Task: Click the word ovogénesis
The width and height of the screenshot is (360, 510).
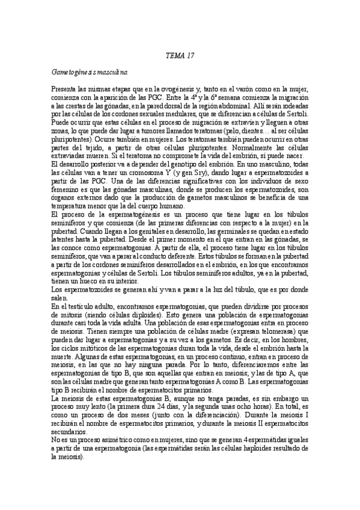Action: (x=179, y=89)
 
